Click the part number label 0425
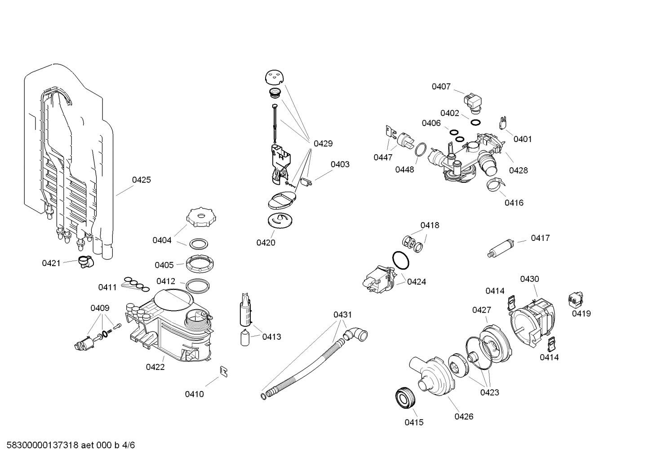click(141, 180)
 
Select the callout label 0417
click(540, 238)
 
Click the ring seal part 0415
click(405, 398)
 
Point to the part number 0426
click(463, 417)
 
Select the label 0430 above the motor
click(529, 279)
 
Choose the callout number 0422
click(155, 367)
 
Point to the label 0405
click(164, 265)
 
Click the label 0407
click(441, 87)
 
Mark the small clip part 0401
click(503, 122)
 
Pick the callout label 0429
click(323, 144)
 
